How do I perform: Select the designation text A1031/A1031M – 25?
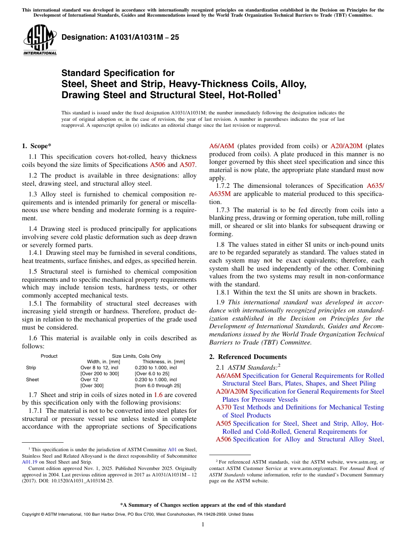point(120,38)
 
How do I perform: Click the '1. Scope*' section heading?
point(37,146)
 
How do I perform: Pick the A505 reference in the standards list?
point(224,423)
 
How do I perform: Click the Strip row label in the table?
point(31,368)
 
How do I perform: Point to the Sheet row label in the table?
point(32,380)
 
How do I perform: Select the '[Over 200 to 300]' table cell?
point(100,374)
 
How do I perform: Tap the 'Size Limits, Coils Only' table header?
point(136,356)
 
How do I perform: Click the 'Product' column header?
point(49,356)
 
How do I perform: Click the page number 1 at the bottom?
point(203,524)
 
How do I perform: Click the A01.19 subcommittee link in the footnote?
point(29,462)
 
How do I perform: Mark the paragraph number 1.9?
point(220,303)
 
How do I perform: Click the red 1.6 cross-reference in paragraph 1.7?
point(158,394)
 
